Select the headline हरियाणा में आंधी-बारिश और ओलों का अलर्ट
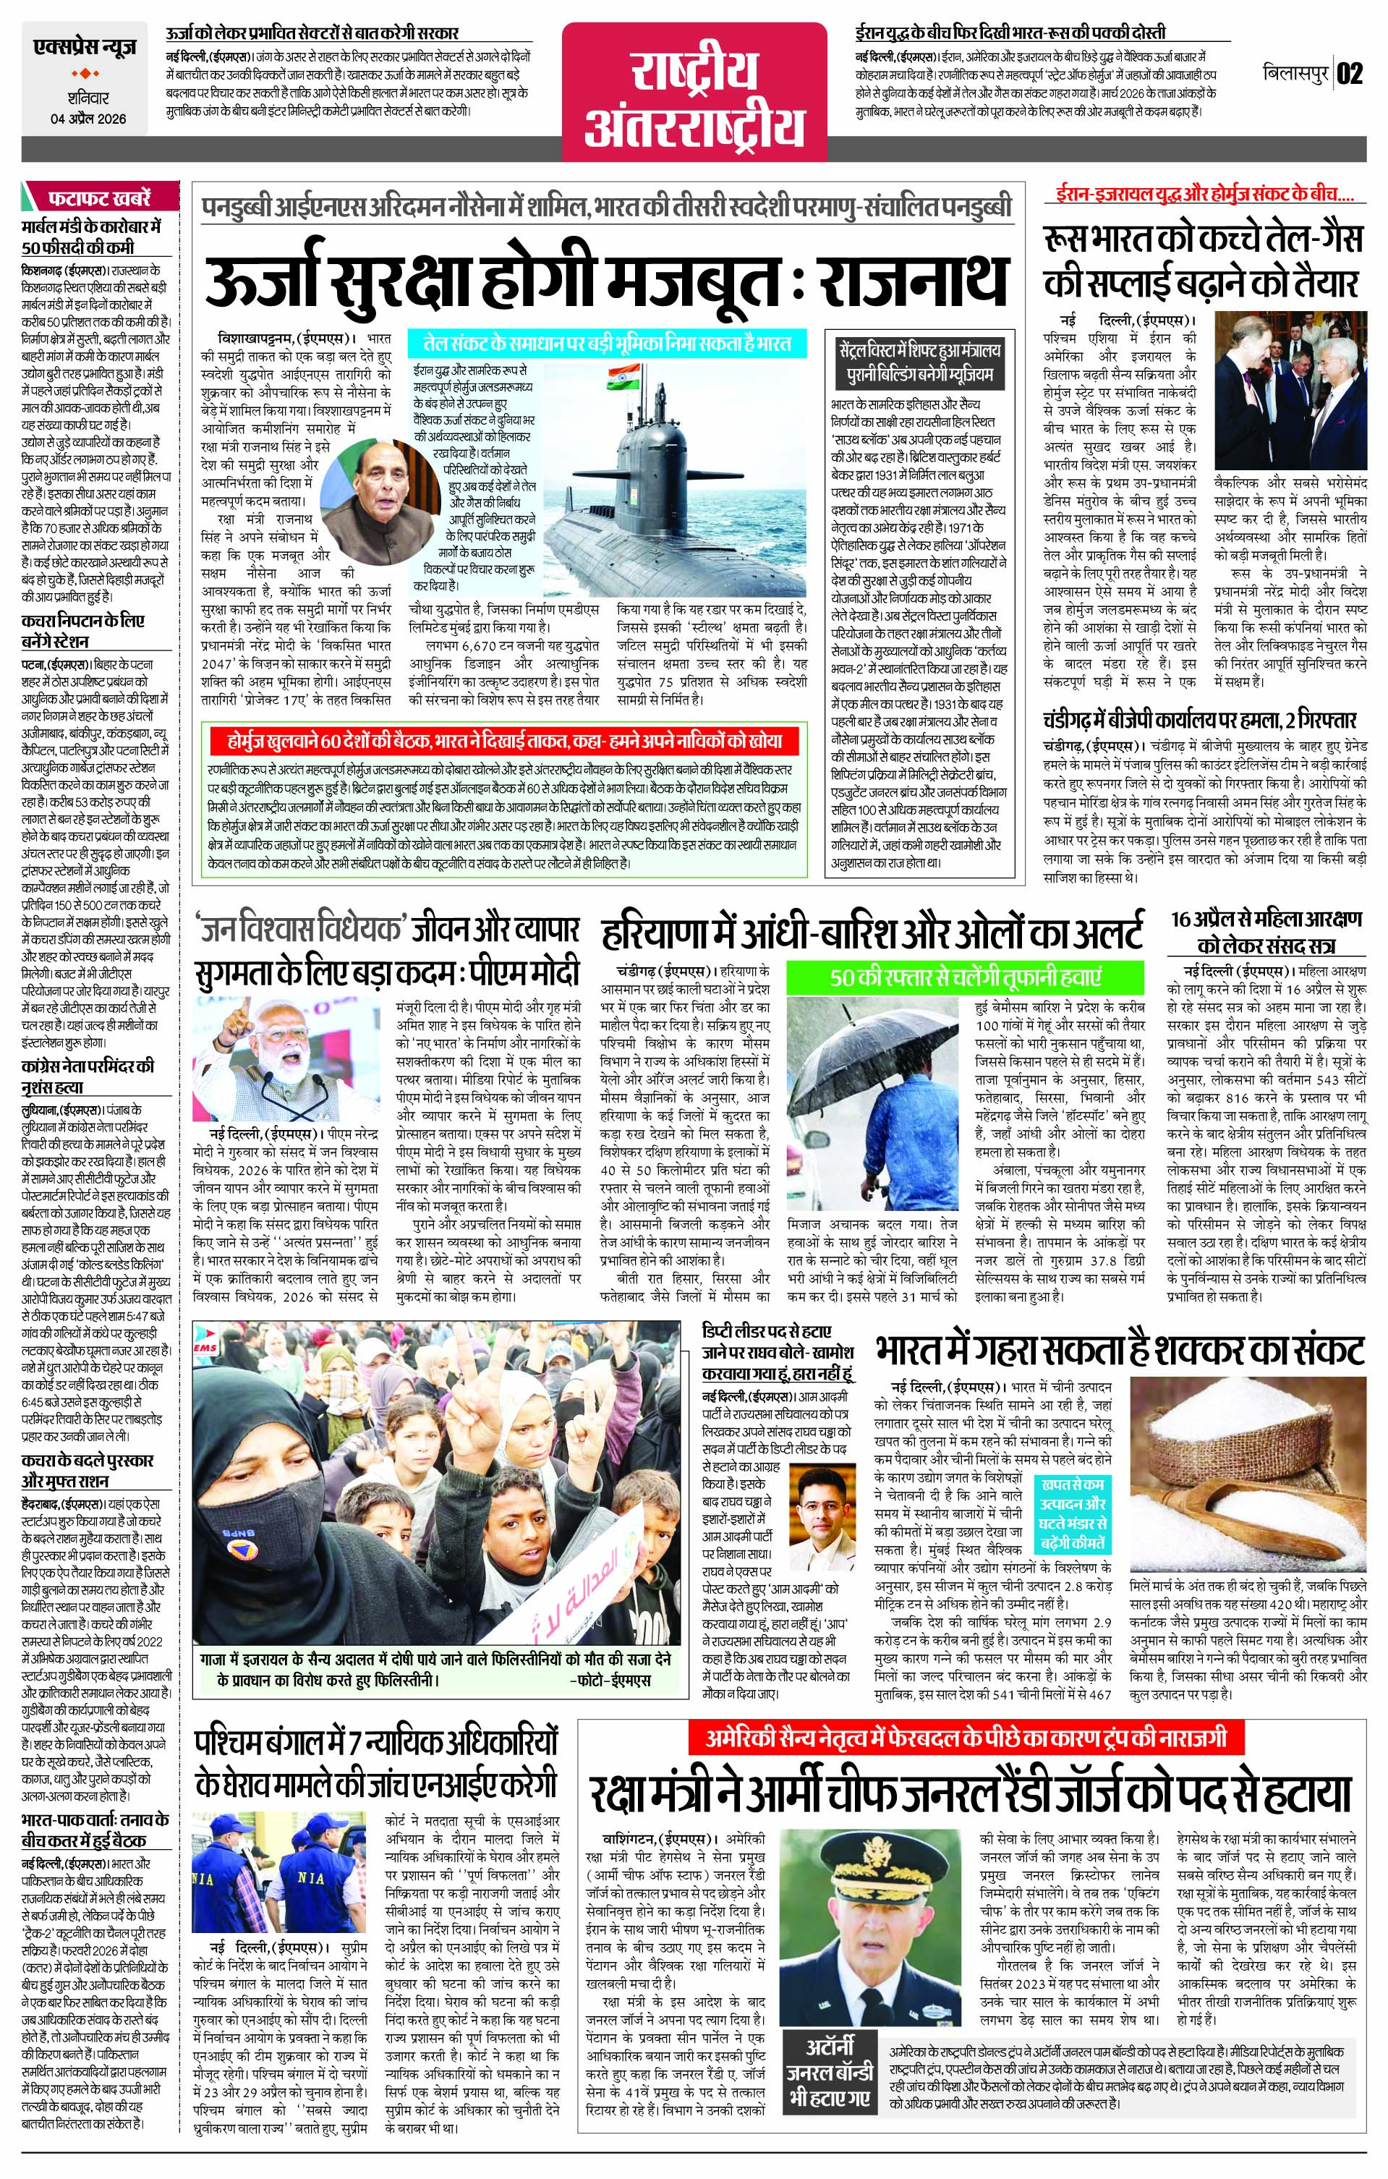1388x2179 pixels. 872,932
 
